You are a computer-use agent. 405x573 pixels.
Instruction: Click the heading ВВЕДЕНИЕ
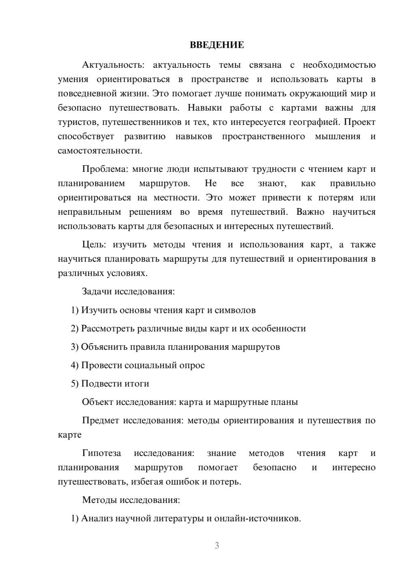click(x=217, y=45)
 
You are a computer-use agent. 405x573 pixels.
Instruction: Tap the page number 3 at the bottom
click(x=217, y=545)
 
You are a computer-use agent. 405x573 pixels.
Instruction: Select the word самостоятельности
click(x=100, y=150)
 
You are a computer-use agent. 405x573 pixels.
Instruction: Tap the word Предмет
click(x=100, y=420)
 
